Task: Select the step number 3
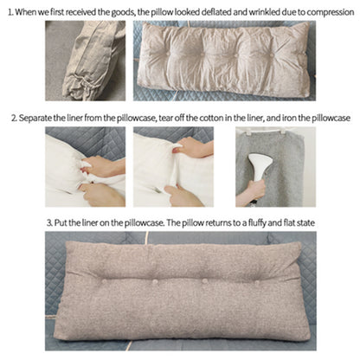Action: click(49, 222)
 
